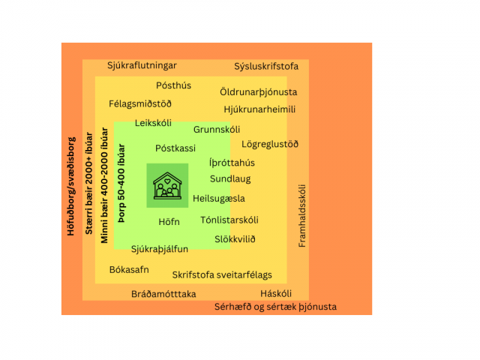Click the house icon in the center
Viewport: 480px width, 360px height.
point(167,186)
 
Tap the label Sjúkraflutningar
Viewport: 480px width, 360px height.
point(142,65)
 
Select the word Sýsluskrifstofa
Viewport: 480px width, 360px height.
point(266,67)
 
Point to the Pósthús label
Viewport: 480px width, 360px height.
point(173,85)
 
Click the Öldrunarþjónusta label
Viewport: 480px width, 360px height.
point(258,92)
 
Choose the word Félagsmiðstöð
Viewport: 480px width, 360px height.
point(140,103)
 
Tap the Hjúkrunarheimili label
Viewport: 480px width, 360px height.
point(259,109)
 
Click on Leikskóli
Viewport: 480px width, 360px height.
point(153,123)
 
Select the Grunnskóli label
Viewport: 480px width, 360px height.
point(217,130)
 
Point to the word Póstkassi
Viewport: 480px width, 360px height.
point(175,148)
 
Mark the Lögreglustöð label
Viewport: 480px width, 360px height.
point(270,144)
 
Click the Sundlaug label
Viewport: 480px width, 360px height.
point(230,179)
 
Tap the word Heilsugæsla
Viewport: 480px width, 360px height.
point(219,199)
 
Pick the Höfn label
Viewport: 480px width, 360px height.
point(169,222)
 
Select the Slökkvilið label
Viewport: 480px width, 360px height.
point(235,239)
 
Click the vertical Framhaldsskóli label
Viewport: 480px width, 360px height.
point(301,216)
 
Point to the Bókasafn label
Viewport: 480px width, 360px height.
point(129,270)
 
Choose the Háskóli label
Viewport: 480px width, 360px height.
point(276,293)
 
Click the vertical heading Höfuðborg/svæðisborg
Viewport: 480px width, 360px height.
point(70,187)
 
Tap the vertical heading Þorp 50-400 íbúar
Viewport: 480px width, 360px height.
point(121,183)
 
